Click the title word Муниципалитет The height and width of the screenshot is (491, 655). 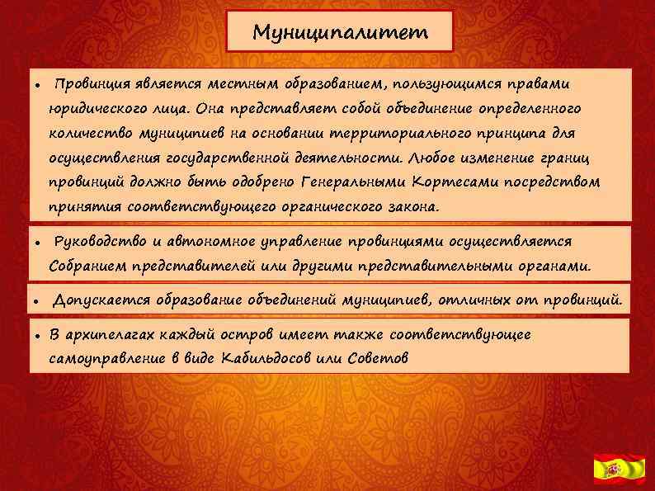tap(340, 33)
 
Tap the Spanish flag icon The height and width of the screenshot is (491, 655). tap(620, 469)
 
